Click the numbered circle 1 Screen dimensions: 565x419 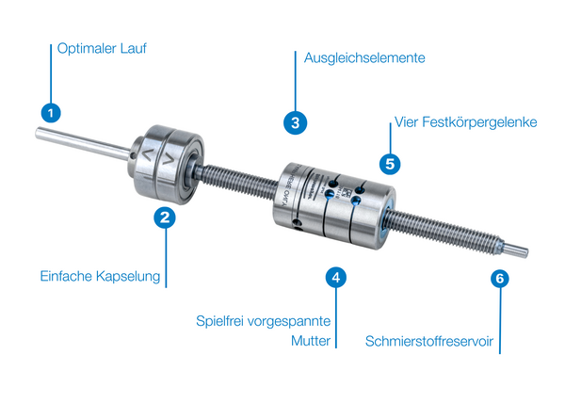51,113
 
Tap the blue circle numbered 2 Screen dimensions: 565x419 165,218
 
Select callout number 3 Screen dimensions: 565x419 295,122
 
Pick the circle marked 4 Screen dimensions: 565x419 336,278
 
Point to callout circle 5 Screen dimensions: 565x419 390,164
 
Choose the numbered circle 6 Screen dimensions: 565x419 500,278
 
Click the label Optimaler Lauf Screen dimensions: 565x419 102,49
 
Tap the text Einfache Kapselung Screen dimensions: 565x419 100,276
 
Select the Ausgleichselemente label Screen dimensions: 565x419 364,57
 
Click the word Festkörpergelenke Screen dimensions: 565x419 479,122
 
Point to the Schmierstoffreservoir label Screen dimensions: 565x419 429,341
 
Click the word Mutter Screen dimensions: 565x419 311,341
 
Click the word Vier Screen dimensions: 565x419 407,122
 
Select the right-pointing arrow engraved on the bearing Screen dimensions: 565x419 169,158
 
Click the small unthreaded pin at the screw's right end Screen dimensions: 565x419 515,250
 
